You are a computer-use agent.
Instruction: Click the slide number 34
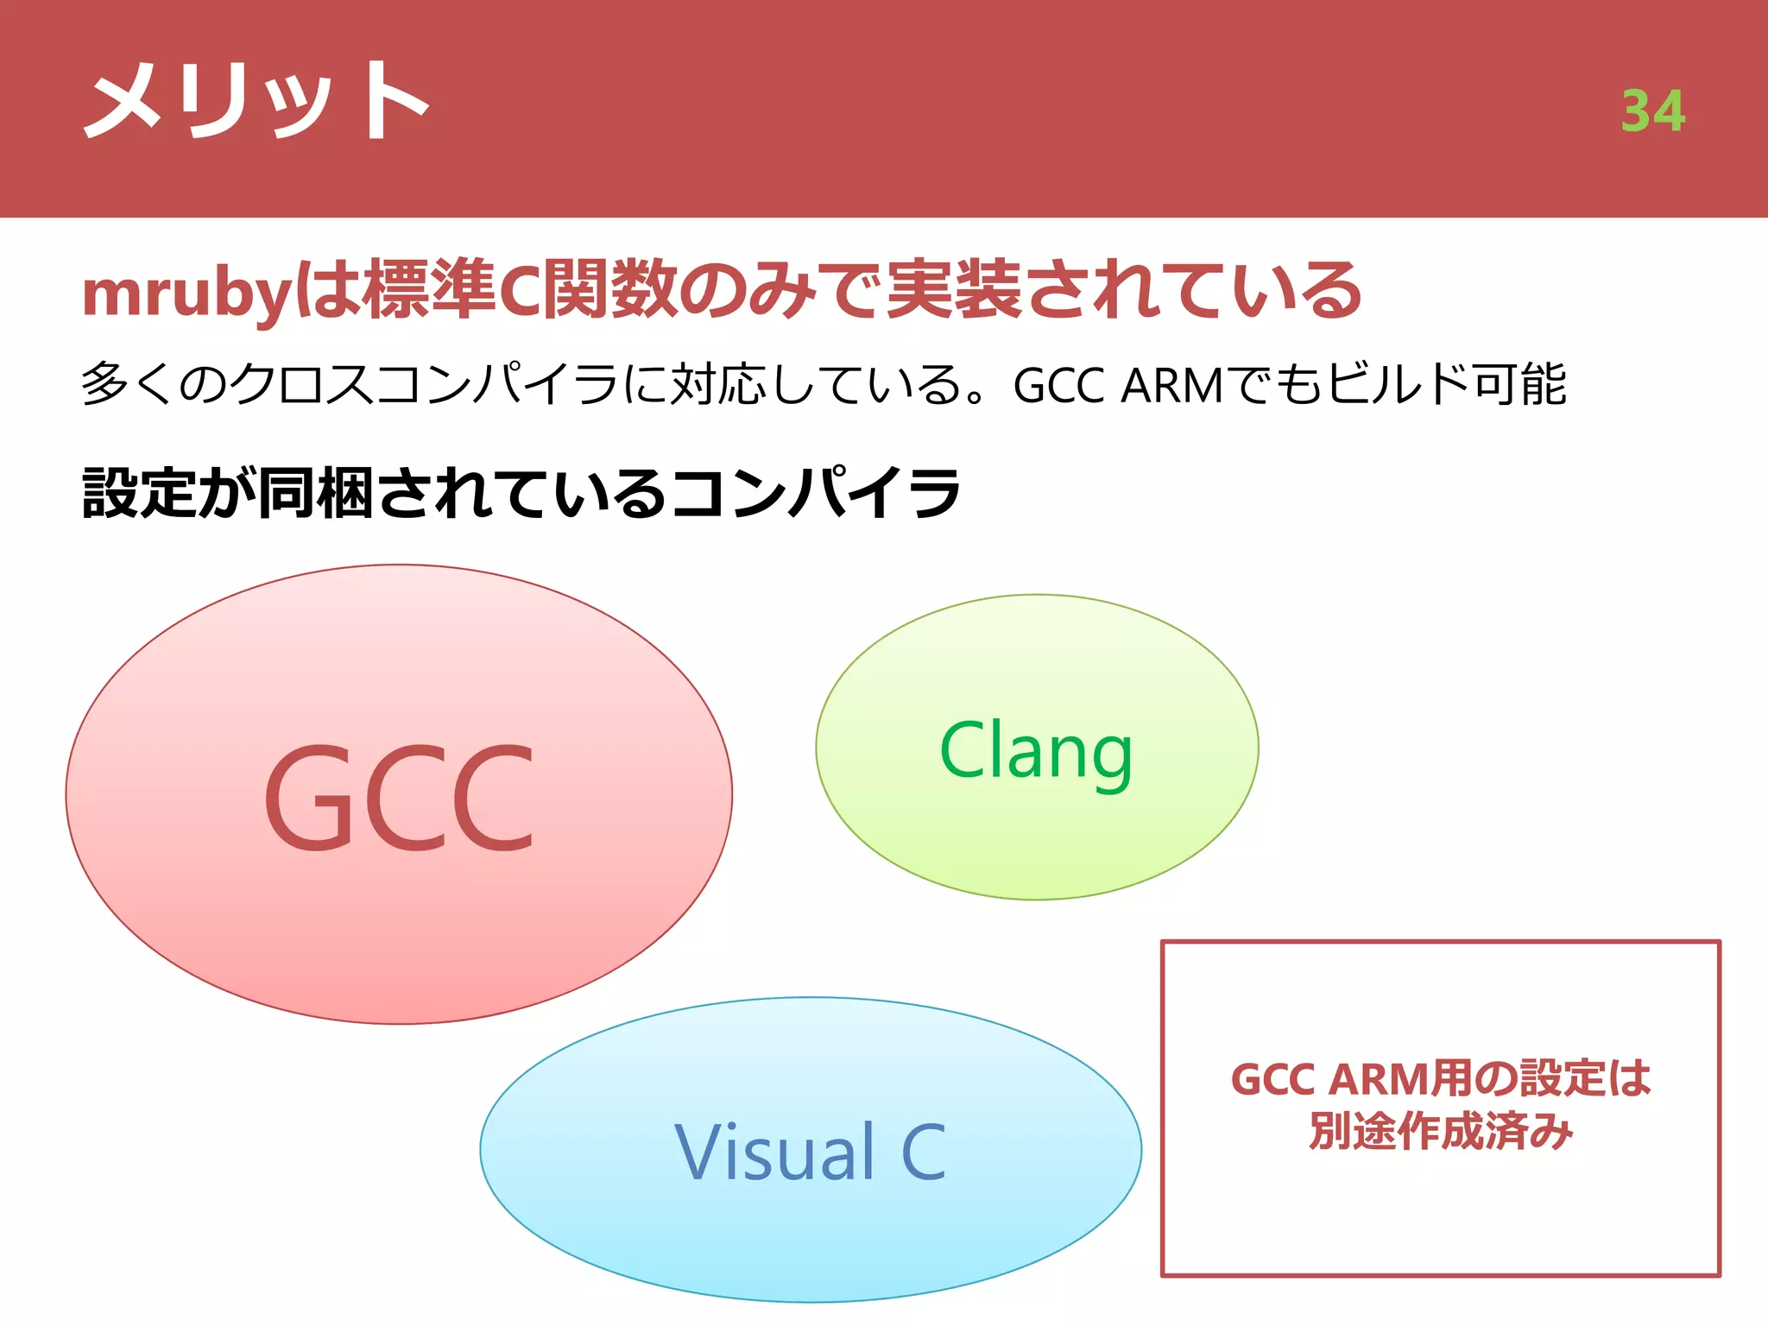1652,111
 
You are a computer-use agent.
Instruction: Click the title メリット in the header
256,102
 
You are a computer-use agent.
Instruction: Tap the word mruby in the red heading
186,294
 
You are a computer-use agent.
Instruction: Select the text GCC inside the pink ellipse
399,799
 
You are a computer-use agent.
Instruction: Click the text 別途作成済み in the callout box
1440,1132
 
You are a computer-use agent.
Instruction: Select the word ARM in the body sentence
1171,385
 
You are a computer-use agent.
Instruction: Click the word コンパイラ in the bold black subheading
815,494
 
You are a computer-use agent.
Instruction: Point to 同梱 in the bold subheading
316,494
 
